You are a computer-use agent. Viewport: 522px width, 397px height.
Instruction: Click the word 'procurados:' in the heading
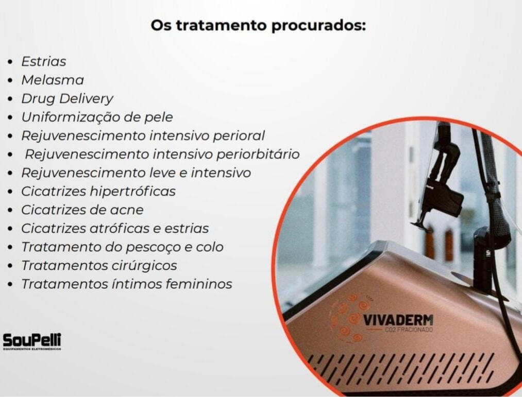318,26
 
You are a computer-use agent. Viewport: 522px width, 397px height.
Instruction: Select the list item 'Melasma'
53,80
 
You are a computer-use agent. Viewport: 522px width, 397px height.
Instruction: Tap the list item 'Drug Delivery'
68,99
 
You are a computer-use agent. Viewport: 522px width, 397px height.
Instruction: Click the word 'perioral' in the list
239,136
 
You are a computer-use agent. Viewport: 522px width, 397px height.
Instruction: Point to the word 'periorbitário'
258,154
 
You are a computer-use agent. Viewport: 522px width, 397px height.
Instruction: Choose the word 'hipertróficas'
132,192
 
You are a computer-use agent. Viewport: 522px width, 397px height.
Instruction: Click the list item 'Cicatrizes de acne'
82,210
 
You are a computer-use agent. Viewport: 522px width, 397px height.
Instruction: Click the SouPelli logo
32,341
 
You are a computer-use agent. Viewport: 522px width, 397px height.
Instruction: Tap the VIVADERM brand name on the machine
398,320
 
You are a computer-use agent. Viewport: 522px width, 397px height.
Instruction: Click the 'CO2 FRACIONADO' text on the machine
409,330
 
